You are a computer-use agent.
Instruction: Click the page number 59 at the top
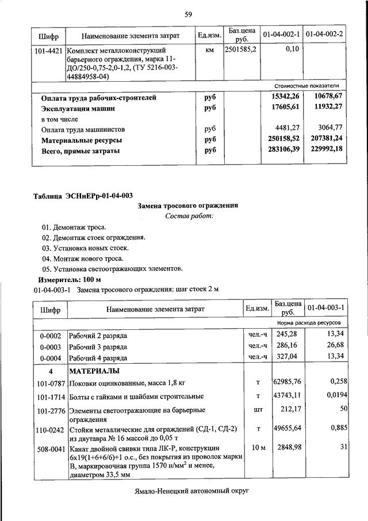pos(188,14)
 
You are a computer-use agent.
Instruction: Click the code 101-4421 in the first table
pos(48,51)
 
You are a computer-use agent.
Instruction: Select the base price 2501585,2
pos(241,50)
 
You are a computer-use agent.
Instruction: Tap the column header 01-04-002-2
pos(324,35)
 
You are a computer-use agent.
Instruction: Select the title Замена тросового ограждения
pos(188,206)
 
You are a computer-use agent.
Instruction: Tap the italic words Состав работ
pos(189,216)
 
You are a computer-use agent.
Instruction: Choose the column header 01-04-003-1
pos(326,308)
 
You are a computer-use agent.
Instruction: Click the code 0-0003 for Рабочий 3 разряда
pos(50,346)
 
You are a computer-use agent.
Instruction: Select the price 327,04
pos(288,357)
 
